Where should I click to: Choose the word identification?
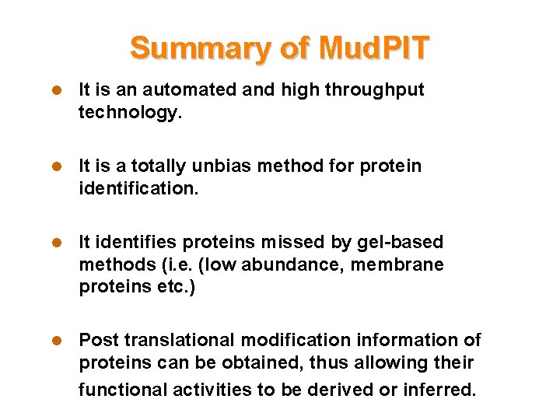tap(138, 189)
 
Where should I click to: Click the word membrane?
tap(397, 264)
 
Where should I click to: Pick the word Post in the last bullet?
tap(97, 340)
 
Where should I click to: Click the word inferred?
tap(439, 389)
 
